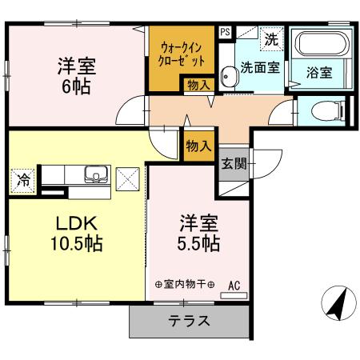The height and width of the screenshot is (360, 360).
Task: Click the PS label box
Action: (x=226, y=33)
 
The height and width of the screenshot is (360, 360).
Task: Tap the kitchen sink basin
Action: (x=94, y=175)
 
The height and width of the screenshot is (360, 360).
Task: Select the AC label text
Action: (x=234, y=284)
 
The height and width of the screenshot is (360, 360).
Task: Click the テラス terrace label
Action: (x=189, y=322)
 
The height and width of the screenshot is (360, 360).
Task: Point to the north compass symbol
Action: (x=337, y=303)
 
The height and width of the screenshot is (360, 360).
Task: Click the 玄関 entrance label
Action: (x=234, y=165)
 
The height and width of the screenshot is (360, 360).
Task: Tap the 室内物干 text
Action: (x=185, y=285)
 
